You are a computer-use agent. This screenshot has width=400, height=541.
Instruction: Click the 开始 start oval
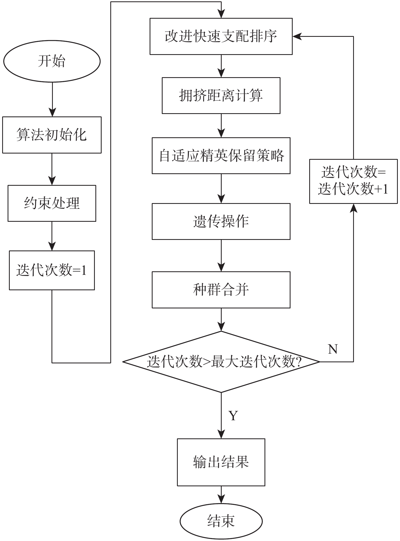click(x=52, y=61)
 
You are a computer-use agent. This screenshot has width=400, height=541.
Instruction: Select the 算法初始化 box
click(x=52, y=135)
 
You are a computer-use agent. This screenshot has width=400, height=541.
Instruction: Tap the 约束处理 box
click(x=52, y=203)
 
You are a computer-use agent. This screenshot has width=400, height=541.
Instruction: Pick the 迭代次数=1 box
click(x=52, y=270)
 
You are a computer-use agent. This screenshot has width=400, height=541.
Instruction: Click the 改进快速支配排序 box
click(x=221, y=36)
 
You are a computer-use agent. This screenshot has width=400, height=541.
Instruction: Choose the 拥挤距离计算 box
click(x=221, y=96)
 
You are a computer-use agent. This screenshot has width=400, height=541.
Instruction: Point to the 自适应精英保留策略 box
click(x=221, y=156)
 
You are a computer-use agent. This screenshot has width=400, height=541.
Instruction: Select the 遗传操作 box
click(x=221, y=221)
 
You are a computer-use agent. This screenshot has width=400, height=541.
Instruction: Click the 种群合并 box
click(x=221, y=290)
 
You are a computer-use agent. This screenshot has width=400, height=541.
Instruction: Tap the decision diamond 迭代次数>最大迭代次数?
click(x=221, y=361)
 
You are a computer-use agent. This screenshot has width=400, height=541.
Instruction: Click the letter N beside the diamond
click(x=333, y=349)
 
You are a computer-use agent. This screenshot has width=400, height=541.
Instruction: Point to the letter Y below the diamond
click(x=233, y=415)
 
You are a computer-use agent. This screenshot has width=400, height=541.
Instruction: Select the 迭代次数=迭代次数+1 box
click(x=353, y=181)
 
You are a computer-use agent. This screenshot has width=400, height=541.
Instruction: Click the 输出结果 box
click(x=221, y=462)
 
